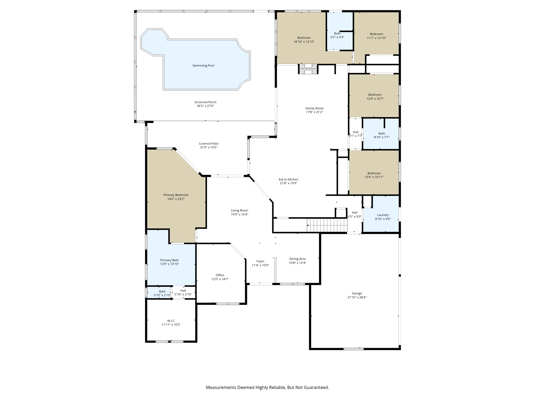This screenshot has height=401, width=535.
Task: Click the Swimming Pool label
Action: pos(203,65)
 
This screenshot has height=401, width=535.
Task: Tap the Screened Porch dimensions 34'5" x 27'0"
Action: pos(205,106)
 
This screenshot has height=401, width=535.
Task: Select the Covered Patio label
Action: pos(209,144)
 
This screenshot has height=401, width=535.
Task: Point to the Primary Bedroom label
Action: pos(176,195)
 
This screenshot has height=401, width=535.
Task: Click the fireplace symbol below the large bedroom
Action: pos(308,69)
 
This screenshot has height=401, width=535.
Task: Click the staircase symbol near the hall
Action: pos(327,225)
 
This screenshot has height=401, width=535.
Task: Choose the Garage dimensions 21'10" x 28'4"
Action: pos(357,297)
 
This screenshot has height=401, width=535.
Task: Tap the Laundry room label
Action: pos(383,215)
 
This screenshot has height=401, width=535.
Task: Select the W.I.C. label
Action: pos(171,321)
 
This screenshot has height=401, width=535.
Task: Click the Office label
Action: pos(220,275)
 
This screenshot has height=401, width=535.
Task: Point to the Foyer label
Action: pos(260,261)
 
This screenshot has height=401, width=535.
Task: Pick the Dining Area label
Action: pos(297,259)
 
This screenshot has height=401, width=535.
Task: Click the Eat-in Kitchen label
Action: pos(288,179)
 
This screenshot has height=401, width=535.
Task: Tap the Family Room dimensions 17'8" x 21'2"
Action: pos(315,112)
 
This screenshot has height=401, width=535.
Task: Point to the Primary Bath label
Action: pos(169,260)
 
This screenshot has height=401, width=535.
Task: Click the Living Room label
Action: pos(239,210)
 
